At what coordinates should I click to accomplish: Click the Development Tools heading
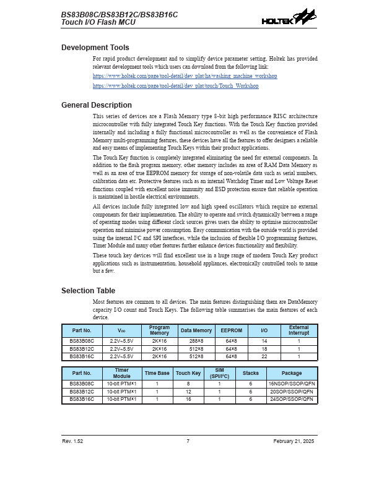95,48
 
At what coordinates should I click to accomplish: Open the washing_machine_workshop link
185,76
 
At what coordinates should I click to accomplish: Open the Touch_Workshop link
175,86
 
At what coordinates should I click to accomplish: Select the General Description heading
97,105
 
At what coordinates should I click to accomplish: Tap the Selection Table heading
88,291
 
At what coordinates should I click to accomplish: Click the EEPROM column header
231,331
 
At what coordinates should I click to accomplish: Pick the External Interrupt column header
298,331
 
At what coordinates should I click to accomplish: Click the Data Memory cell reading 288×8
196,341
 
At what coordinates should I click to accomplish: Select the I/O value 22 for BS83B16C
264,356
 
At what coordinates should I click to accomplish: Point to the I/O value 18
264,349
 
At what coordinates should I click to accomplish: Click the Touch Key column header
188,374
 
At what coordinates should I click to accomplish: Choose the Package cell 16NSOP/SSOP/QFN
292,384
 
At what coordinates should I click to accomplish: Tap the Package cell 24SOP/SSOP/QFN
292,400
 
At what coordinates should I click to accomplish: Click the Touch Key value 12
188,392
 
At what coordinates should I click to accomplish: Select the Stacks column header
251,374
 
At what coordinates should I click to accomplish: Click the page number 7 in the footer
188,441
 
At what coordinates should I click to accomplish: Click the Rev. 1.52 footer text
72,441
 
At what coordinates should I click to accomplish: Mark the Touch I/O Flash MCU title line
98,22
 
